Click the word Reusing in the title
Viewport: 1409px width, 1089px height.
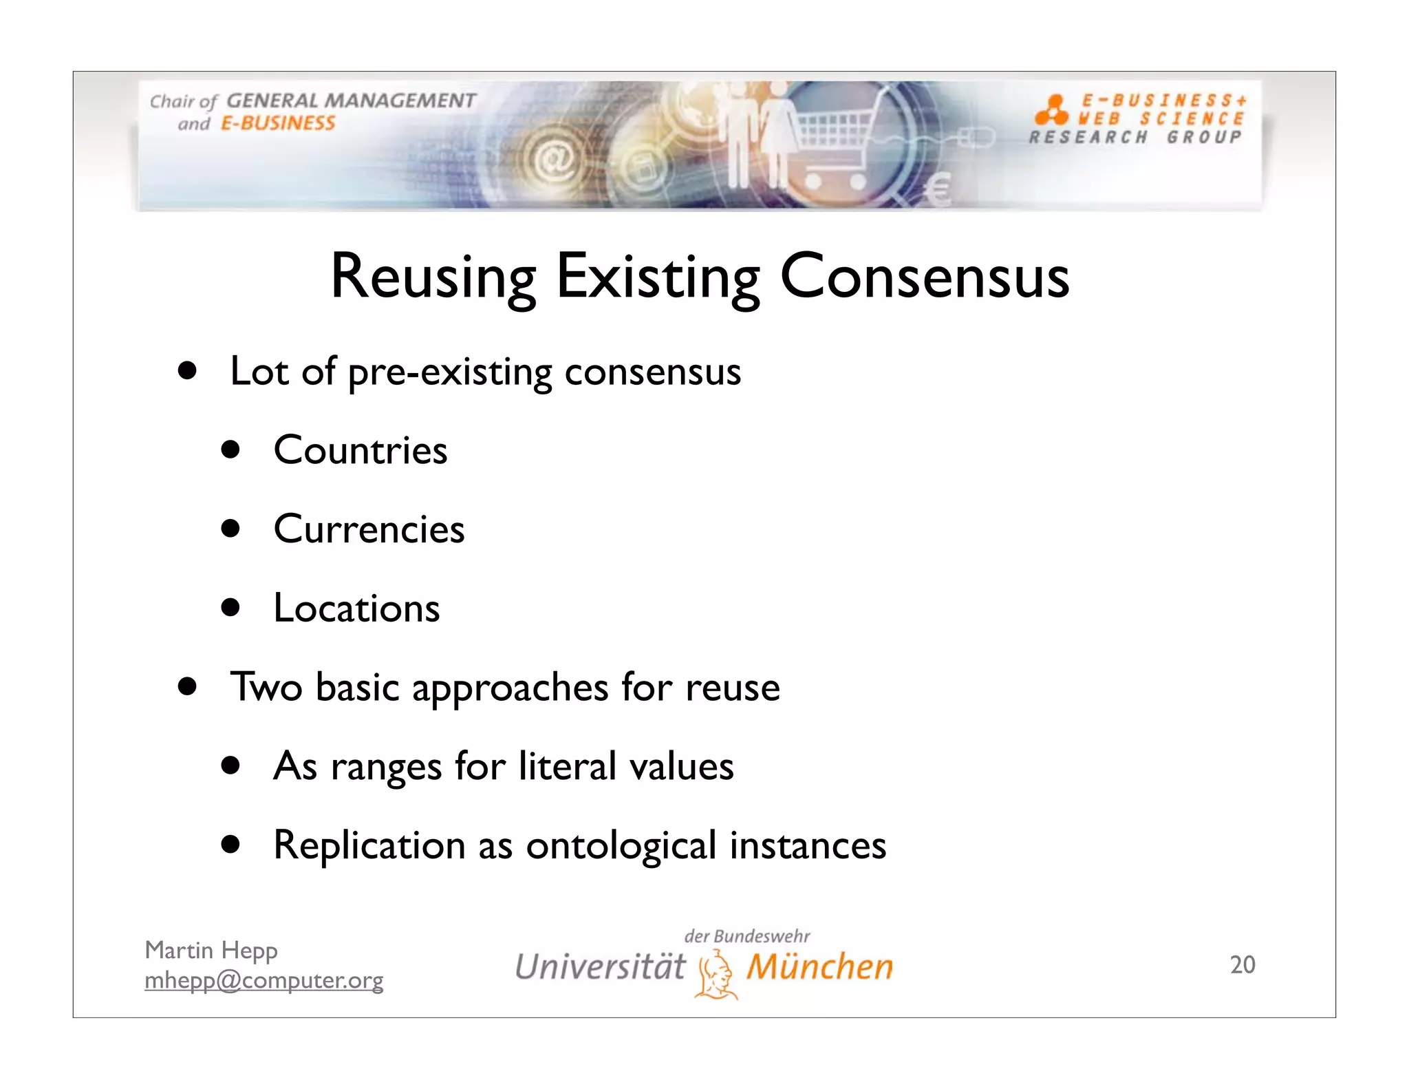point(433,277)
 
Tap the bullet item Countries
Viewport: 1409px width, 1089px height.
point(360,451)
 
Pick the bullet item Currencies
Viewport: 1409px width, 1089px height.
point(369,529)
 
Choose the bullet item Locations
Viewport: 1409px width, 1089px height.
point(356,609)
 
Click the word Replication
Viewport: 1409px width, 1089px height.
point(369,845)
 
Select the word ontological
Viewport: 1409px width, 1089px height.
point(621,845)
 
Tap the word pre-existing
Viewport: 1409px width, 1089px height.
point(450,372)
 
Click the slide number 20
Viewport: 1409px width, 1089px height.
point(1242,964)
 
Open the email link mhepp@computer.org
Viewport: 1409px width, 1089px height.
point(263,980)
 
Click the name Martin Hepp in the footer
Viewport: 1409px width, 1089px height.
point(211,951)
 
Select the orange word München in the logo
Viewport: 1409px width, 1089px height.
point(819,966)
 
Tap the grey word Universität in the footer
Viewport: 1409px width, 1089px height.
point(599,966)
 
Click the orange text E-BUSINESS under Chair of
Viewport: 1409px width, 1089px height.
point(277,124)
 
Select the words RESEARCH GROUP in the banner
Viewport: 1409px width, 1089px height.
point(1135,138)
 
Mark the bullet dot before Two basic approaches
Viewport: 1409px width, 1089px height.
point(186,686)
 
